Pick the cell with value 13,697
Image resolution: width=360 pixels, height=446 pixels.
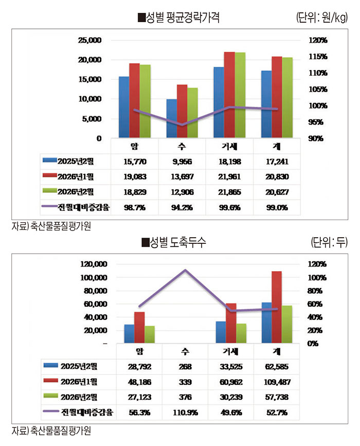[183, 177]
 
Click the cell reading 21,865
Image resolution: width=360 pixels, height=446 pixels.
[229, 192]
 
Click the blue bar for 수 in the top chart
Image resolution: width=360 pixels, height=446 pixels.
[172, 118]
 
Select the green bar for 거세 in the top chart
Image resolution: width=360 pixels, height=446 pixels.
[240, 95]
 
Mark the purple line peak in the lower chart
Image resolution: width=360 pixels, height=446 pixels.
[185, 270]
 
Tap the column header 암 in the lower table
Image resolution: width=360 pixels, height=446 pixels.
[139, 351]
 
